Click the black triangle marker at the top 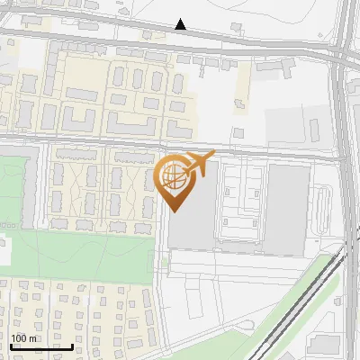click(181, 24)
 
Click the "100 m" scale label click(24, 338)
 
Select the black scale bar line click(41, 346)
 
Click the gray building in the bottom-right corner click(326, 346)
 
